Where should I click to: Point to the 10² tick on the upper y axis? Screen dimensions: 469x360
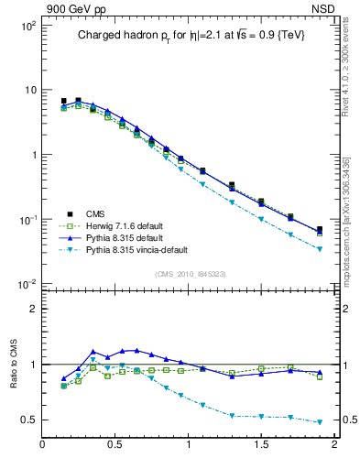27,26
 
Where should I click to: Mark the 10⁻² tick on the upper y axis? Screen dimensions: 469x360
27,284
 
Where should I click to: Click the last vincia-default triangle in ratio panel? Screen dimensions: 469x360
320,422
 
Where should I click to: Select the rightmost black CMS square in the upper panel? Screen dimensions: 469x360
320,230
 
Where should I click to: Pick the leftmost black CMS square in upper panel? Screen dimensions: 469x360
63,102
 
